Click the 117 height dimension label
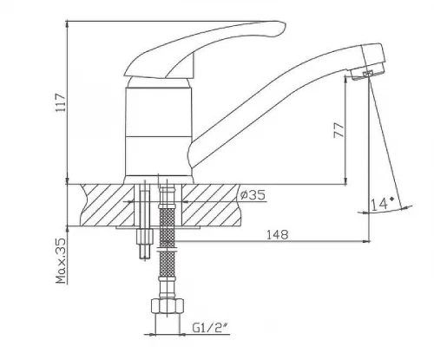62,102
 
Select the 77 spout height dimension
339,130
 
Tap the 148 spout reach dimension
278,234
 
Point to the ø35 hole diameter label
253,195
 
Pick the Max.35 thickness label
62,261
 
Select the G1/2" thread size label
210,328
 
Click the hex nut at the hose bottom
168,306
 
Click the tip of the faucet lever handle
285,27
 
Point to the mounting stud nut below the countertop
144,237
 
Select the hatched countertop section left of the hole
108,205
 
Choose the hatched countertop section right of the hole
211,205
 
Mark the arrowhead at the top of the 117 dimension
67,23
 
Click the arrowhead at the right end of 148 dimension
366,241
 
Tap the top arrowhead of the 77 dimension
345,79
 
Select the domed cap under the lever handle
159,82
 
